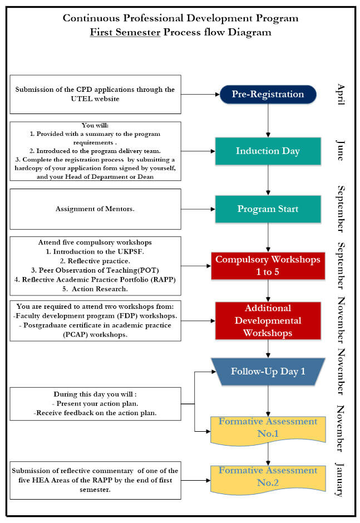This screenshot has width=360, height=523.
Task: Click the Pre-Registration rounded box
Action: click(268, 94)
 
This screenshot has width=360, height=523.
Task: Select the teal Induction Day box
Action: click(268, 151)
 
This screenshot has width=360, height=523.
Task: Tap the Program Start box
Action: click(268, 209)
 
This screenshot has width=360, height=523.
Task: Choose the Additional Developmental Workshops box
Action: click(268, 320)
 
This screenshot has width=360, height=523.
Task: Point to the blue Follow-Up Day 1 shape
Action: click(268, 371)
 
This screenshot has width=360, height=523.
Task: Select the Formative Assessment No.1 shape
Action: click(268, 428)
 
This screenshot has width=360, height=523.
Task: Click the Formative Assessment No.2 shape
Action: click(268, 477)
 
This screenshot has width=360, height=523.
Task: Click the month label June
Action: click(341, 150)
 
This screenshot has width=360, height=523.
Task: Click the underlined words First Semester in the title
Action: click(125, 32)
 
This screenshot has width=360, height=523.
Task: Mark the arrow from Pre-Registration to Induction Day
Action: click(268, 120)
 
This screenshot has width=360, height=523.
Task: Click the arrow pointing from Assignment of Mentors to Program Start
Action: click(198, 209)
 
